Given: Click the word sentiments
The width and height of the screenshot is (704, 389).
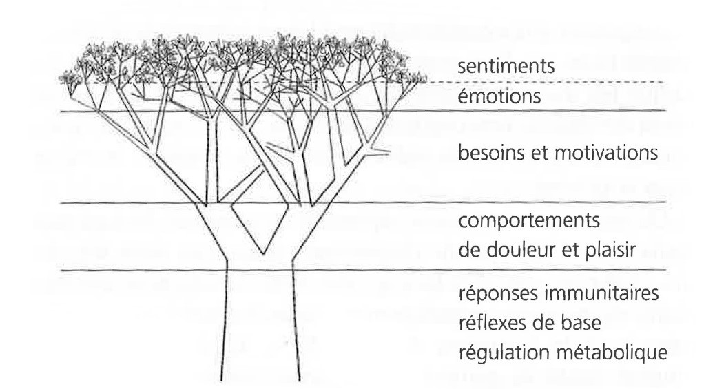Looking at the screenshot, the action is coord(506,66).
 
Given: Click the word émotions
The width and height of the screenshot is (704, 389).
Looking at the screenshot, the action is coord(499,96).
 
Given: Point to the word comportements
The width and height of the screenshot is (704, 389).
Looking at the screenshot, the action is coord(529,221).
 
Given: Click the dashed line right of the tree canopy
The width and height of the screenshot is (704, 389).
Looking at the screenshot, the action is coord(546,82).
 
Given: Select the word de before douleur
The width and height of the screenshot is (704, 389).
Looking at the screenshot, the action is coord(470,249).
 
